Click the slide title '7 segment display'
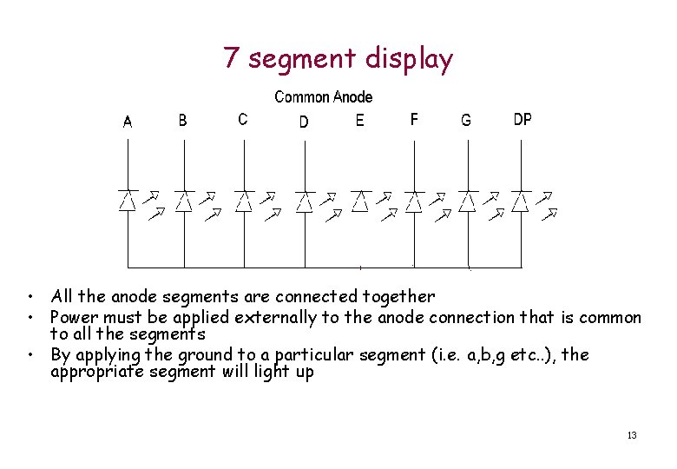click(338, 59)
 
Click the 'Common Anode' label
click(323, 97)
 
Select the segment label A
click(128, 122)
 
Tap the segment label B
click(182, 121)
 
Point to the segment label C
click(242, 120)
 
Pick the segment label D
click(303, 122)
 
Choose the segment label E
click(360, 121)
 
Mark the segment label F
click(414, 120)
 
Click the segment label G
click(466, 122)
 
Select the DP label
click(523, 120)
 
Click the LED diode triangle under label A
click(128, 201)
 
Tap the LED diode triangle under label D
click(304, 201)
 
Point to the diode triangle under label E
click(360, 201)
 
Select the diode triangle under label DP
click(520, 201)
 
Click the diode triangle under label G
click(467, 201)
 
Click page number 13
click(631, 434)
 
